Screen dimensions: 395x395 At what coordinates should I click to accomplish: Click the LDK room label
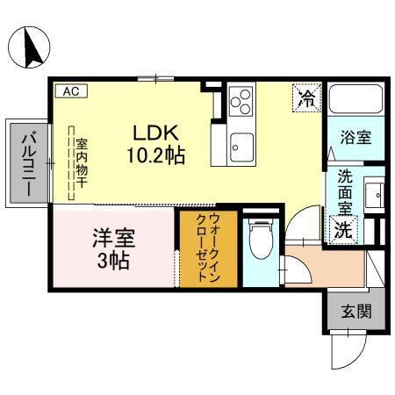click(x=155, y=133)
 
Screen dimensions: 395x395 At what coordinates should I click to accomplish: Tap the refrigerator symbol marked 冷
click(x=306, y=97)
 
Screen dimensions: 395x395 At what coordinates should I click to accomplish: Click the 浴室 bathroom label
click(x=355, y=137)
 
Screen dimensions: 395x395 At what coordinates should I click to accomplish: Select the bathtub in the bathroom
click(x=355, y=104)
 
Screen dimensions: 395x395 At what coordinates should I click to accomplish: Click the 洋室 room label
click(x=114, y=237)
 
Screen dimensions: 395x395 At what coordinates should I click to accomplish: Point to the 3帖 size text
click(x=114, y=260)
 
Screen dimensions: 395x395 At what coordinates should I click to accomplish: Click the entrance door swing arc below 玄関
click(x=347, y=351)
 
